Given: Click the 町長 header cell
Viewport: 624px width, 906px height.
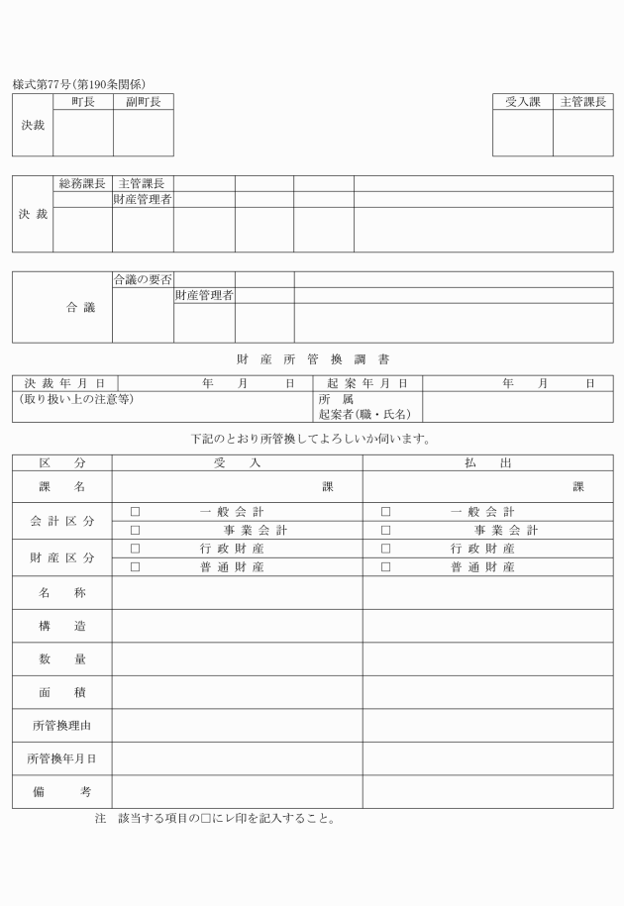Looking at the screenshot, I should coord(82,101).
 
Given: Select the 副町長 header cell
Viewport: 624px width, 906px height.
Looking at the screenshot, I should coord(143,101).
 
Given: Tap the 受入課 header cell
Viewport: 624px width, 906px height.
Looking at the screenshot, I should coord(522,101).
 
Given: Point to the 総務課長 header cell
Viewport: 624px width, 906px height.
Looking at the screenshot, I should coord(82,183).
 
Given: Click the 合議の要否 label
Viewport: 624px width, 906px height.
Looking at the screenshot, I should coord(143,279).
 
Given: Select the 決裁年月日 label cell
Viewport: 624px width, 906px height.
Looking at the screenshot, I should coord(65,383).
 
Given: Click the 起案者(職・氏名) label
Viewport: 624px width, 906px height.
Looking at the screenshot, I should coord(364,414).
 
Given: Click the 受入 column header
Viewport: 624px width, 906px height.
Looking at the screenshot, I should coord(237,462).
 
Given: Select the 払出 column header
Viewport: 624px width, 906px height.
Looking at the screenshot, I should coord(487,462).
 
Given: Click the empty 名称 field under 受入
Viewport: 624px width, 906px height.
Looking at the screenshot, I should coord(237,592).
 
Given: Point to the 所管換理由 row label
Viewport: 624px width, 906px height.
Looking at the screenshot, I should coord(61,725).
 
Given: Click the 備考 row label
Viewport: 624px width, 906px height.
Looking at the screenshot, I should coord(61,791).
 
